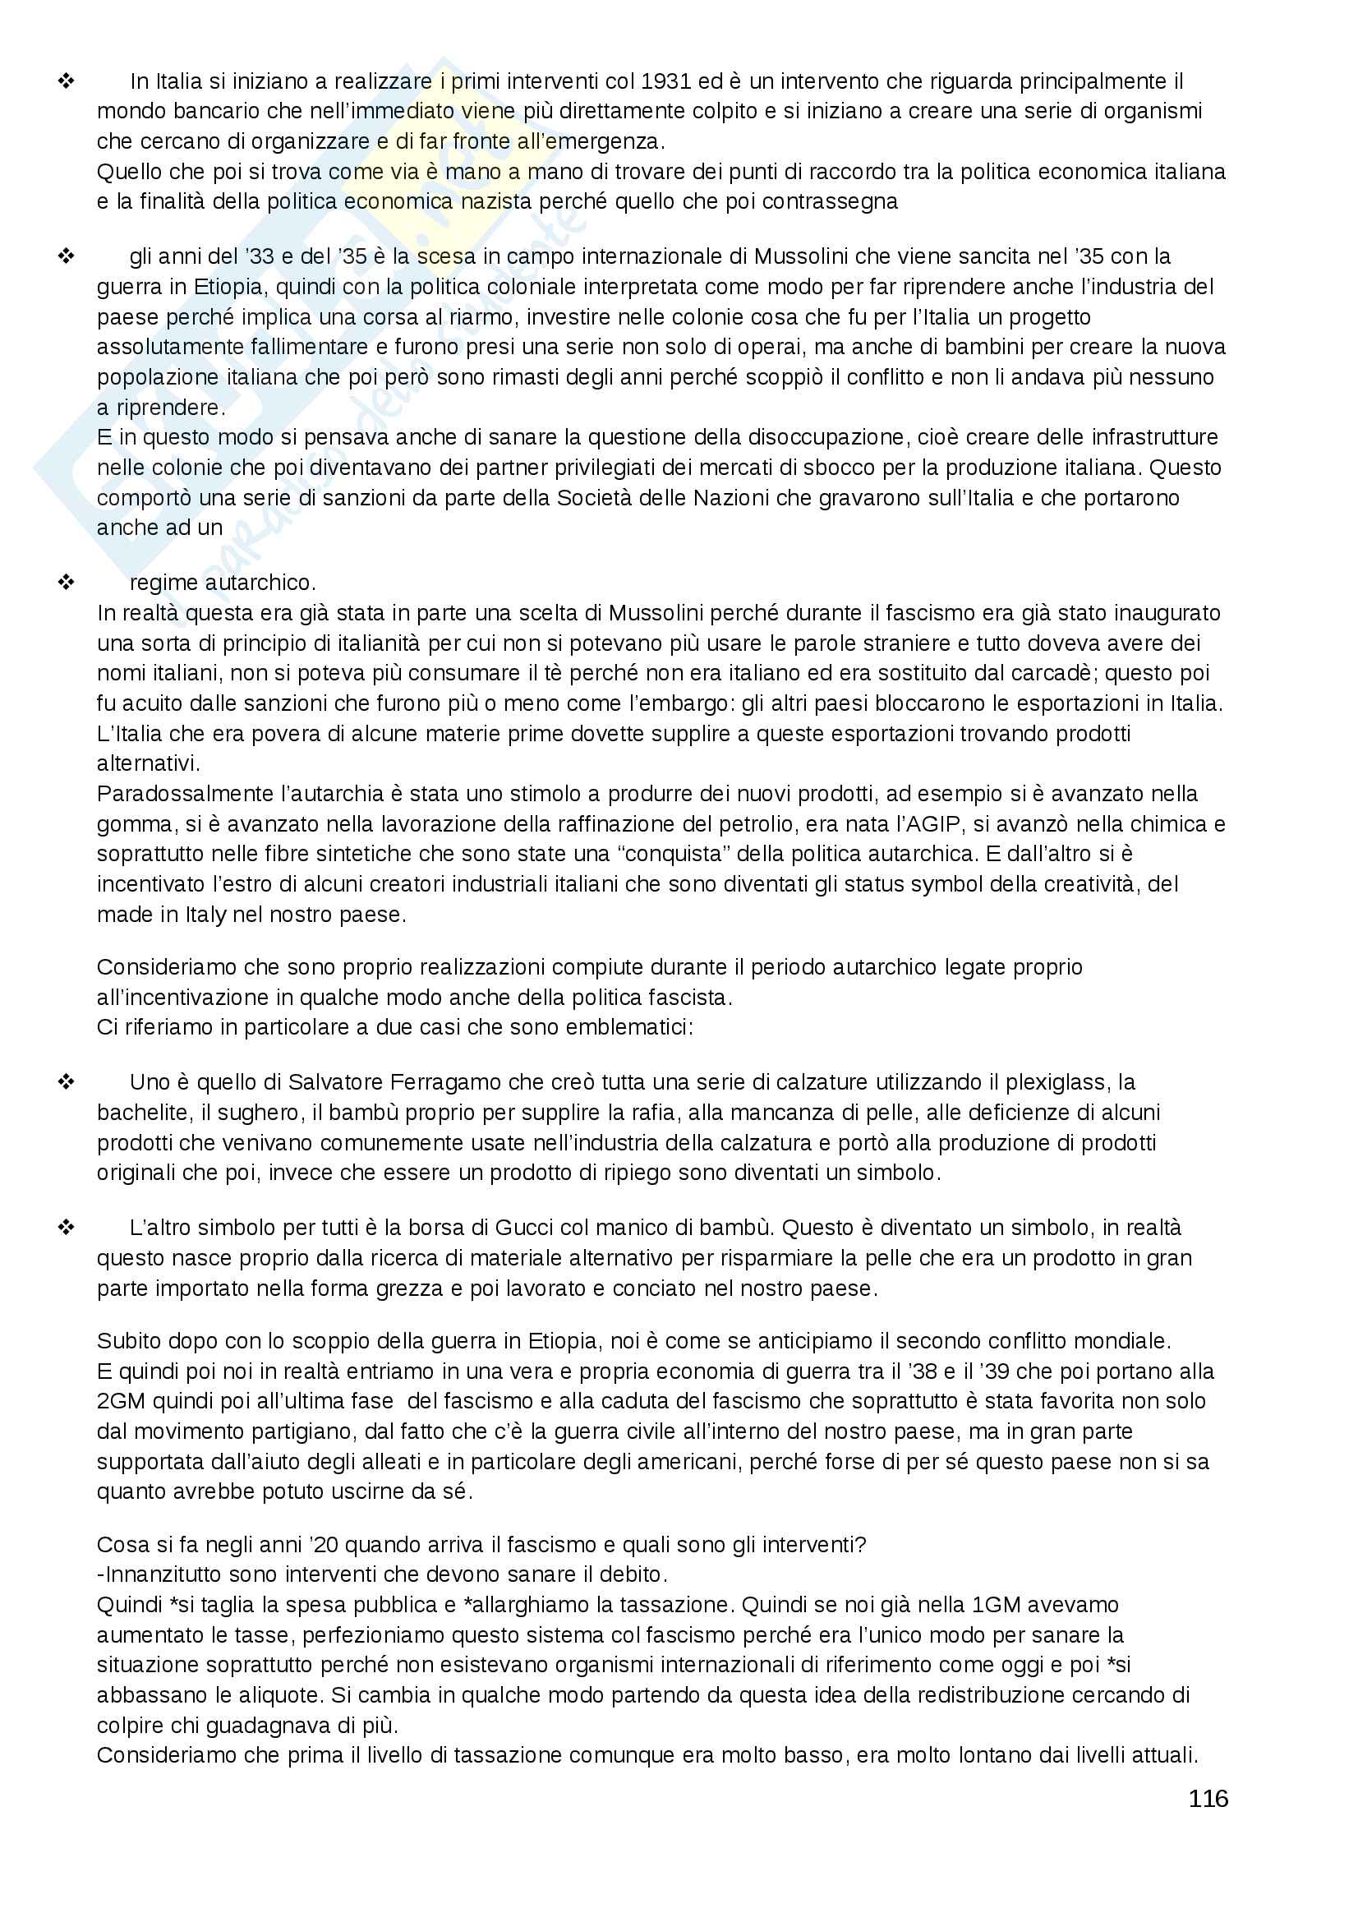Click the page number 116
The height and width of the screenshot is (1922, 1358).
pos(1208,1798)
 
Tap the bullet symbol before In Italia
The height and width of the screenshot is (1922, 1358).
pos(66,81)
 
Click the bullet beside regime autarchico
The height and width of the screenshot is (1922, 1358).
pos(66,582)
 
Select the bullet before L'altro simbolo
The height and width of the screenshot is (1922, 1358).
pos(66,1227)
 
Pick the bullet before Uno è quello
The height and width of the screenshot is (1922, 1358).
pos(66,1081)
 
